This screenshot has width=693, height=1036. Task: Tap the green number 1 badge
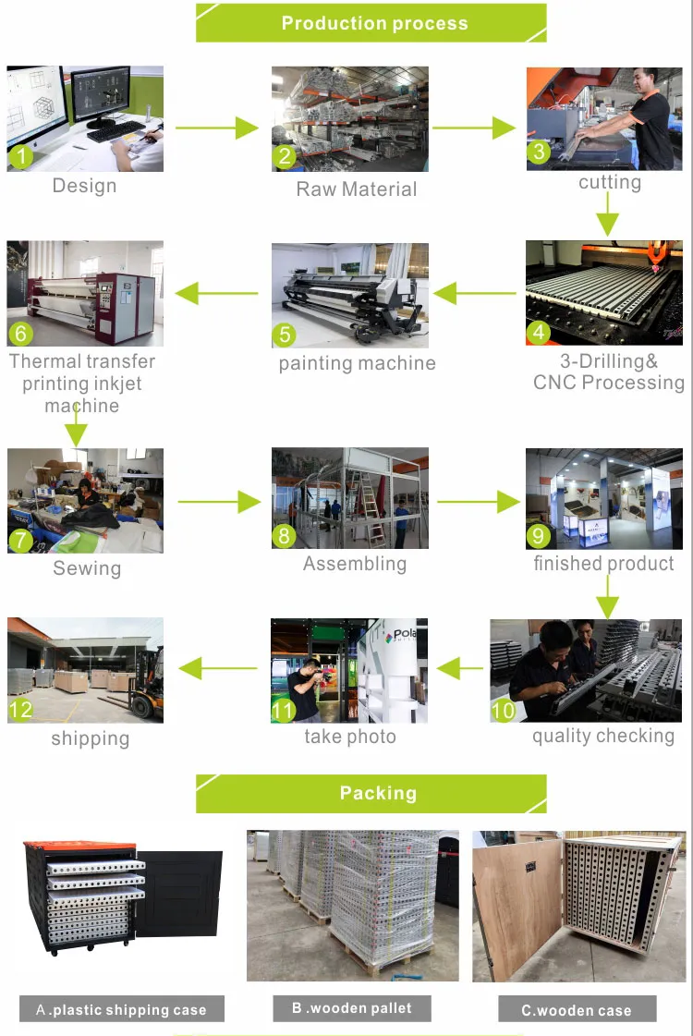click(20, 157)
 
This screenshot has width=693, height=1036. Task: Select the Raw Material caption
click(356, 189)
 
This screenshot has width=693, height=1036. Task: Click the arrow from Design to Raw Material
click(218, 128)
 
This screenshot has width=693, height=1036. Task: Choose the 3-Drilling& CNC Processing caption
click(609, 372)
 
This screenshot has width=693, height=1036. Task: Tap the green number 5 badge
click(285, 333)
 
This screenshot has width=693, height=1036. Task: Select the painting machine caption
click(357, 363)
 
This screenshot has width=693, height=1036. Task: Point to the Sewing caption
click(87, 568)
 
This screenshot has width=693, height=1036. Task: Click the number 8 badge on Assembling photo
click(285, 536)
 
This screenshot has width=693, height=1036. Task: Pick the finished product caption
click(603, 563)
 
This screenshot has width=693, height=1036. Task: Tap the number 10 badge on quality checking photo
click(503, 710)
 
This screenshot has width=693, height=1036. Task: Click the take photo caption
click(350, 737)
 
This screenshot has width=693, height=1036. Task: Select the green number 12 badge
click(20, 710)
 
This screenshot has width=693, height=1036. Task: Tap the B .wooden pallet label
click(352, 1007)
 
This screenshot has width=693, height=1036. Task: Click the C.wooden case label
click(577, 1010)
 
